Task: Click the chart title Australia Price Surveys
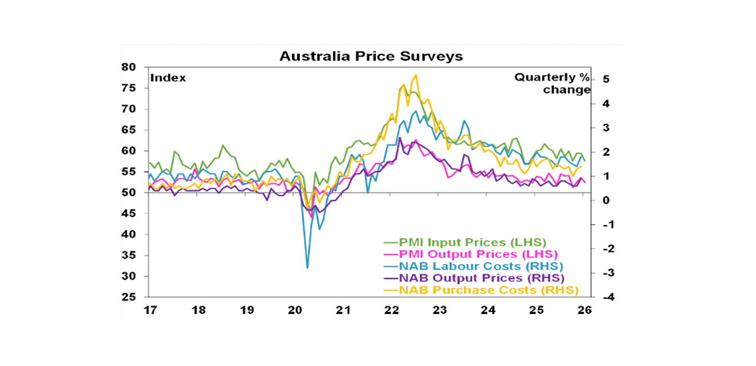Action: (x=371, y=56)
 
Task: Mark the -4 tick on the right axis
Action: (x=602, y=297)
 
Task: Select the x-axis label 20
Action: (x=294, y=310)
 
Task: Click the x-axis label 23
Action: (x=439, y=310)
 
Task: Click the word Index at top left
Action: (x=168, y=78)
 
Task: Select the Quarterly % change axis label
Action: (x=552, y=84)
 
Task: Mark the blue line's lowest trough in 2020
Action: (x=308, y=268)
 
